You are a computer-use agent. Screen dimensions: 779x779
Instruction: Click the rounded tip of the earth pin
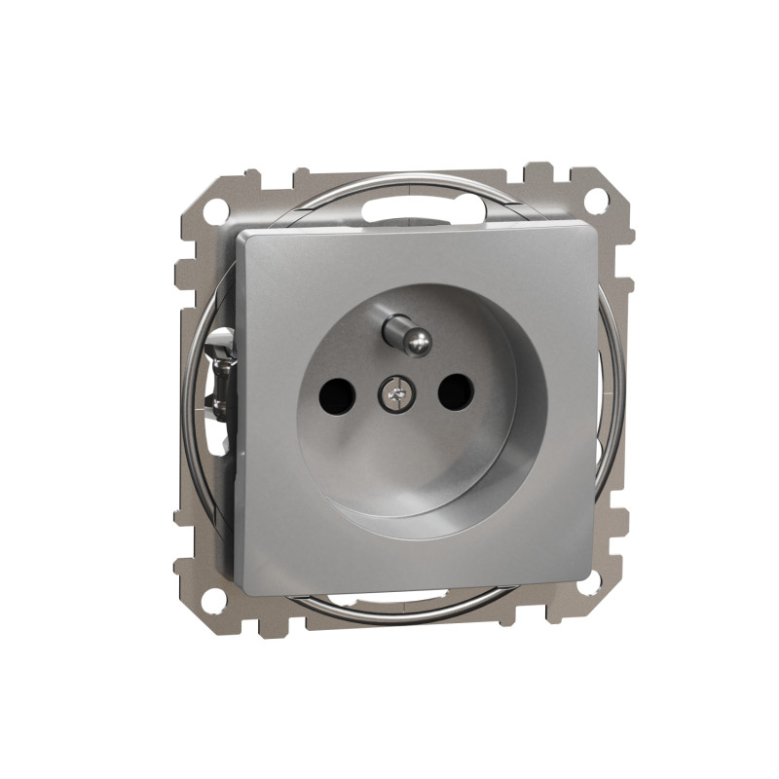(418, 340)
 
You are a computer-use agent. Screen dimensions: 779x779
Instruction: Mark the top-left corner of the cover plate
(240, 236)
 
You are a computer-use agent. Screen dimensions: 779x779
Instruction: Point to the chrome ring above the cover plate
(409, 178)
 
